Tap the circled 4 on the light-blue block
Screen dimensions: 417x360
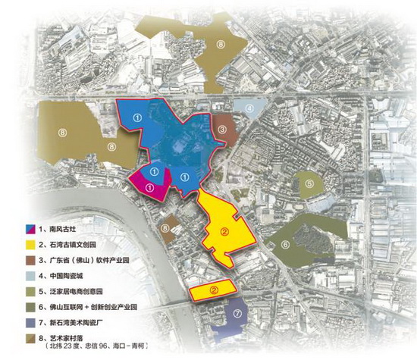coord(249,108)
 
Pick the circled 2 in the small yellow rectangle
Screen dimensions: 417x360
coord(214,289)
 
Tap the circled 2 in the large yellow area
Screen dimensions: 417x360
coord(224,233)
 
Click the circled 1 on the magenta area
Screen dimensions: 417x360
coord(150,186)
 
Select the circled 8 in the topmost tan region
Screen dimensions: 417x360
coord(219,45)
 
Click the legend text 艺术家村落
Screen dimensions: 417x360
coord(65,339)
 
